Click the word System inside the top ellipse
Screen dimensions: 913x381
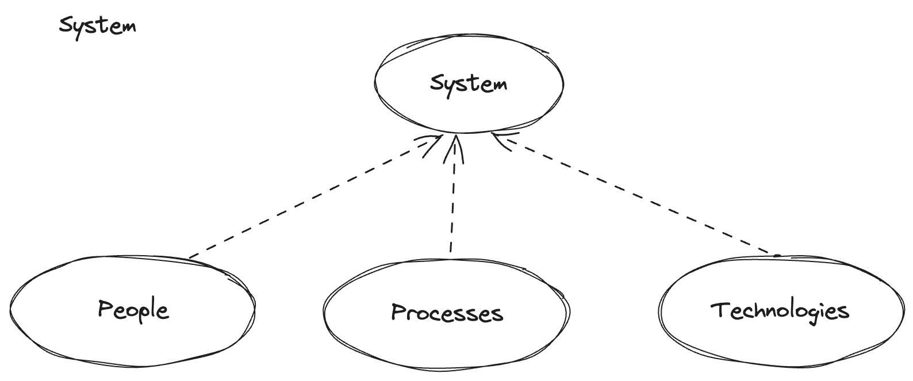tap(469, 84)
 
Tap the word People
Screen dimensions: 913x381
tap(133, 310)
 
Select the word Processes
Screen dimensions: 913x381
tap(447, 313)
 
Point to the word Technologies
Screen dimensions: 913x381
tap(780, 311)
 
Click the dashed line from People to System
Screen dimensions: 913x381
tap(310, 199)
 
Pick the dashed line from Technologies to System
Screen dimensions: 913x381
tap(638, 195)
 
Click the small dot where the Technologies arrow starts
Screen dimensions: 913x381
tap(777, 256)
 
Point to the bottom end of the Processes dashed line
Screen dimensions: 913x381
tap(451, 251)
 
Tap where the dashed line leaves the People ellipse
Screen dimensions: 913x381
tap(190, 257)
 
